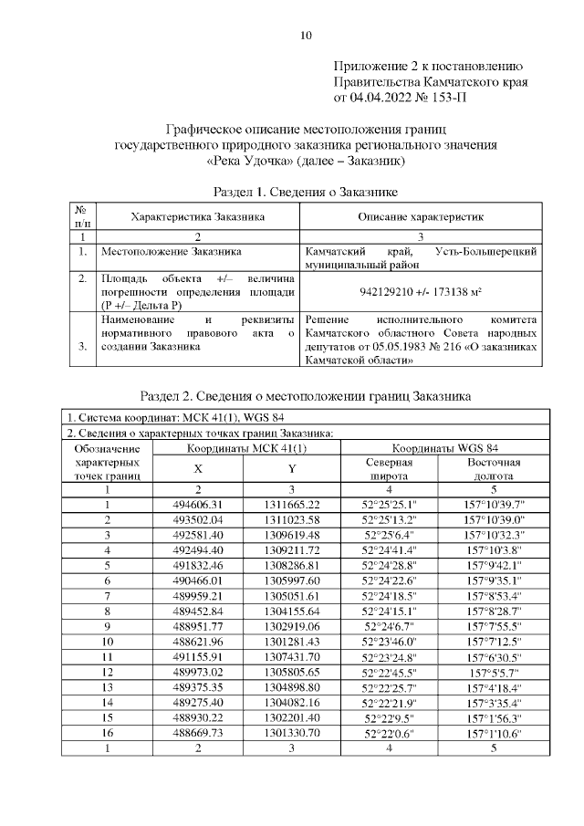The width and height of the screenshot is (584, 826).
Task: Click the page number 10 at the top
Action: [306, 36]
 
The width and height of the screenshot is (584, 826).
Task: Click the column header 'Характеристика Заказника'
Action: [198, 217]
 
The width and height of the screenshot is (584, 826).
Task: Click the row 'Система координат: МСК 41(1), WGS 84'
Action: [179, 418]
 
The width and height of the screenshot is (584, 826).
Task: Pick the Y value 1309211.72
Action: [291, 550]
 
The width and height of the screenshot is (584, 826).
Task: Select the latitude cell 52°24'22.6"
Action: [390, 580]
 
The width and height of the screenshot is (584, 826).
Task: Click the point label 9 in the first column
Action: [107, 625]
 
